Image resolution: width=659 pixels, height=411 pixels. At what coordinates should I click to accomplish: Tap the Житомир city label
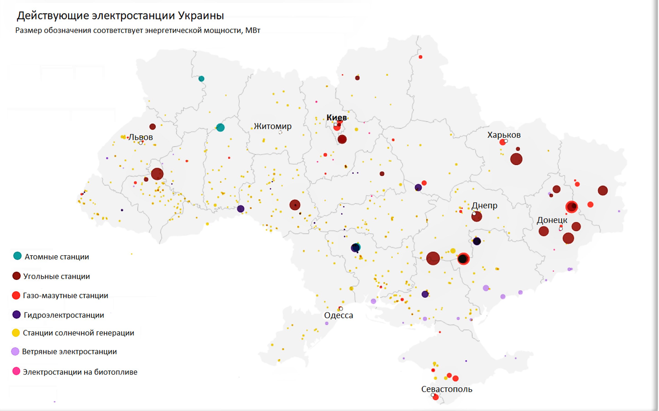click(x=272, y=126)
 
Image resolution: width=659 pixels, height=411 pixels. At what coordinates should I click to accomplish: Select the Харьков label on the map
click(x=504, y=135)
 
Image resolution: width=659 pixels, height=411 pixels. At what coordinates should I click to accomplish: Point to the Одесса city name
click(x=338, y=315)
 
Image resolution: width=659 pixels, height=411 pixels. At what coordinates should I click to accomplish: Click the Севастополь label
click(x=447, y=389)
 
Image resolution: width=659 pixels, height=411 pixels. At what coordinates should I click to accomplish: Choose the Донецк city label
click(x=552, y=220)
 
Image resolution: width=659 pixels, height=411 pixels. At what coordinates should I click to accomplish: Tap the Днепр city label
click(x=484, y=205)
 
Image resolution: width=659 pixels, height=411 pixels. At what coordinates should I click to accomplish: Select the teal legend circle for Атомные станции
click(x=17, y=256)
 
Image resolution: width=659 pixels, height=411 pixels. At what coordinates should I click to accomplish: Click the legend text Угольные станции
click(x=56, y=276)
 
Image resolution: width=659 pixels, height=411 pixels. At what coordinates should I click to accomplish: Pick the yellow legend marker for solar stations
click(x=16, y=333)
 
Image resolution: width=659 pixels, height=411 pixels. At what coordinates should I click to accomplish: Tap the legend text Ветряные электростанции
click(x=69, y=352)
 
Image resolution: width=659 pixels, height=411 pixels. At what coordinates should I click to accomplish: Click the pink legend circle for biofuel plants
click(x=16, y=371)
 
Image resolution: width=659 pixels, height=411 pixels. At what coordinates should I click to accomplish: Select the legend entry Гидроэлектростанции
click(x=64, y=315)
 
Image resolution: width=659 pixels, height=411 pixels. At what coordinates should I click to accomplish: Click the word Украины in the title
click(x=201, y=15)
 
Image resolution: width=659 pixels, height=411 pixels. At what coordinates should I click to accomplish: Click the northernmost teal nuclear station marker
click(x=201, y=79)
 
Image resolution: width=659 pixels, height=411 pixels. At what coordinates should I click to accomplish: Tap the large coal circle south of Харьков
click(x=516, y=159)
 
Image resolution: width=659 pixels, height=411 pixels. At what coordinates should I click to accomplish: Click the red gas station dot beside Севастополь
click(x=436, y=397)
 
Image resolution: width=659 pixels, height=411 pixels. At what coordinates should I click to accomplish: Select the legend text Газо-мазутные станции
click(x=65, y=295)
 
